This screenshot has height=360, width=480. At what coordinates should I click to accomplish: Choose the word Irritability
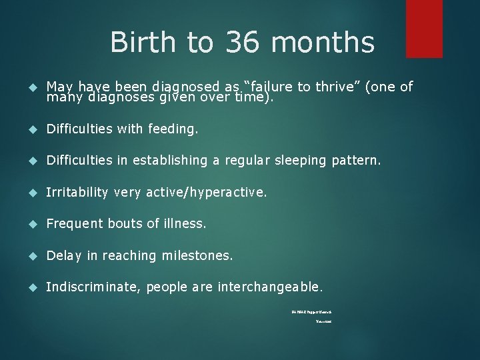point(77,193)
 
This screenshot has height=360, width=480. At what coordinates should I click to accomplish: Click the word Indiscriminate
point(93,287)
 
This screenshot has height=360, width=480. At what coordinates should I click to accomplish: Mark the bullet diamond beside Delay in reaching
point(31,256)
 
